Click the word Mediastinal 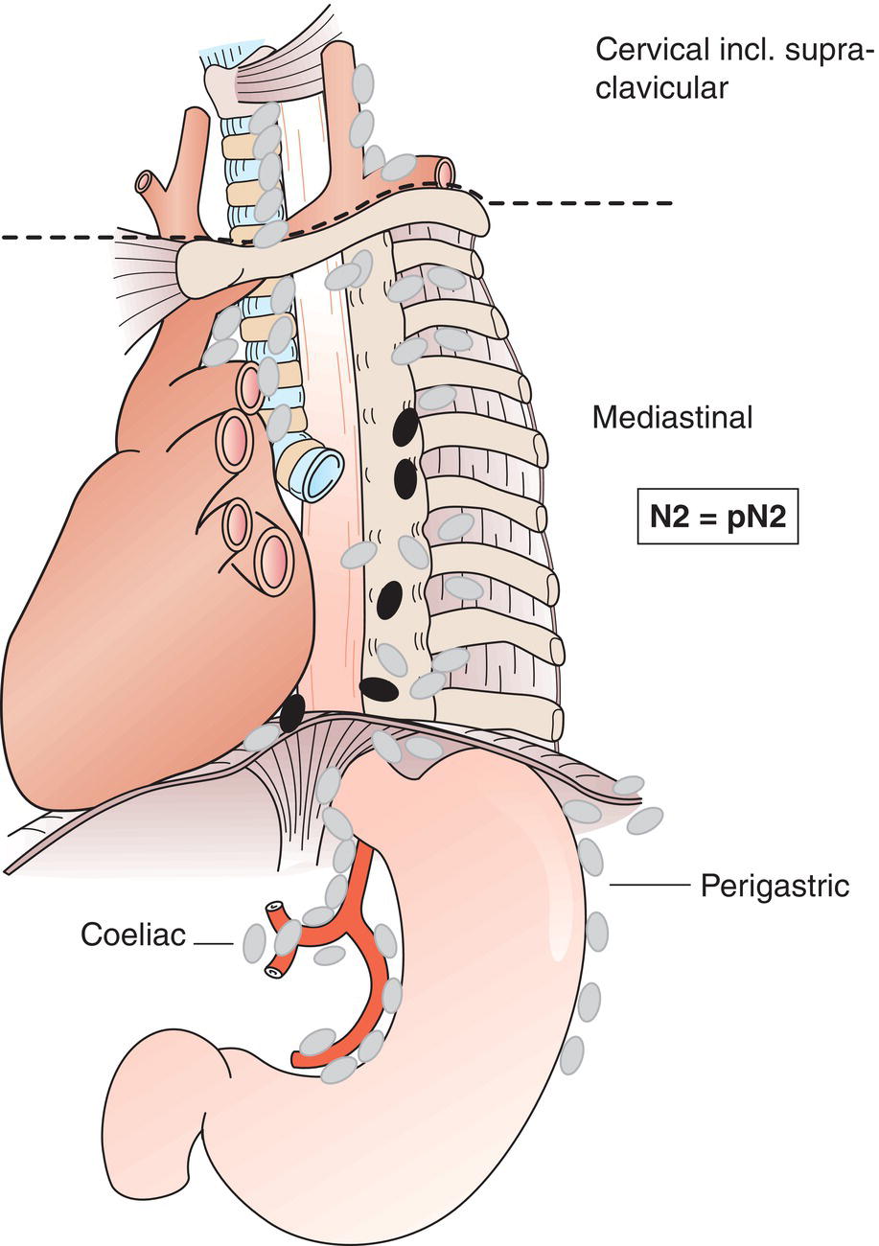(x=672, y=418)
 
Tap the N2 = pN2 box (x=718, y=519)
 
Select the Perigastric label (x=775, y=886)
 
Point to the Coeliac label (x=133, y=934)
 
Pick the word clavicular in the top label (x=661, y=89)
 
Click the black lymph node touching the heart (x=291, y=710)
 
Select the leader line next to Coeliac (x=214, y=944)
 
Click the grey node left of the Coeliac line (x=254, y=944)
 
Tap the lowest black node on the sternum (x=379, y=688)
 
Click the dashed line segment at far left (x=58, y=236)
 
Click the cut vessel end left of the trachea (x=146, y=181)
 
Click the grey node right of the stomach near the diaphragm (x=649, y=819)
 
